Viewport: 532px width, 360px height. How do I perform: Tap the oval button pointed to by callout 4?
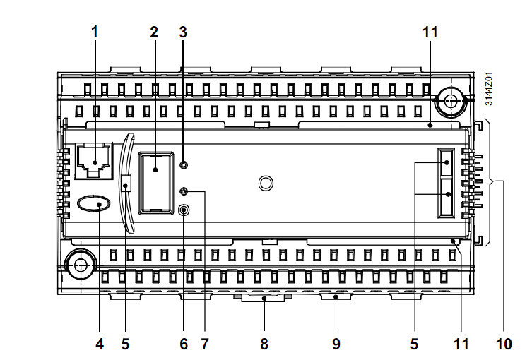tap(94, 205)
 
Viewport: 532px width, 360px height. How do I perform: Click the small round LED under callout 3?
tap(184, 165)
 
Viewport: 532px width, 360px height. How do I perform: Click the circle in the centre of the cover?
tap(265, 184)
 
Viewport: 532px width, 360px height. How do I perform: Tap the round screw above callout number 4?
tap(79, 266)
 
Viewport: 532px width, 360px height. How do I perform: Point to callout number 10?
tap(503, 344)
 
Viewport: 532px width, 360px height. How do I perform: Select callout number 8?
tap(264, 344)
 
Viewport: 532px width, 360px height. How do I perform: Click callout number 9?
tap(336, 344)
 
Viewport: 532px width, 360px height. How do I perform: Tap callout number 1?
tap(95, 32)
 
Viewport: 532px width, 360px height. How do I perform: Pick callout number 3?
tap(183, 32)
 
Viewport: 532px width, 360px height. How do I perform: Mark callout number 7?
tap(205, 344)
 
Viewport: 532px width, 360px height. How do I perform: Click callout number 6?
tap(184, 344)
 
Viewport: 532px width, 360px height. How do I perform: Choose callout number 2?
tap(154, 32)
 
